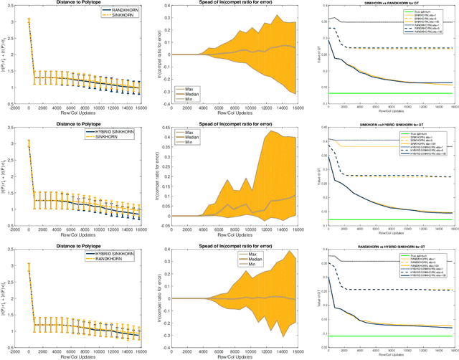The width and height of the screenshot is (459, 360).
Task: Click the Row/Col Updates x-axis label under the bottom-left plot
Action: point(78,356)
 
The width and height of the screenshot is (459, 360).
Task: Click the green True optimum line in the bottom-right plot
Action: point(387,336)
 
